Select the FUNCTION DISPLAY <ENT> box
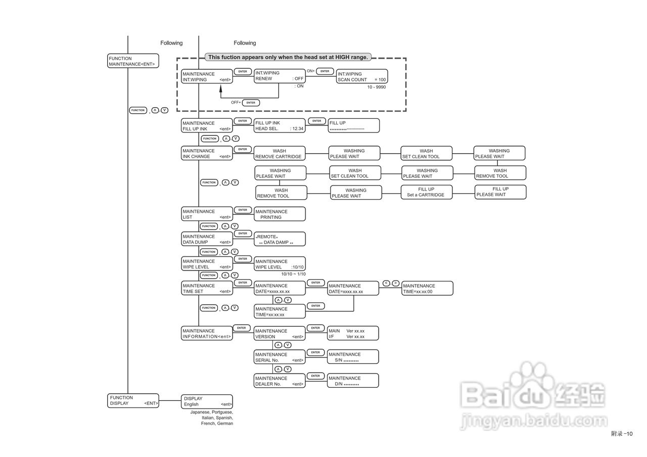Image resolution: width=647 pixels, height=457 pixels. coord(133,400)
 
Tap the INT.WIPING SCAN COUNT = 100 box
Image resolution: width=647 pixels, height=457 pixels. coord(362,77)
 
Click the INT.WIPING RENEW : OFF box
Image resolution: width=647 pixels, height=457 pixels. coord(280,76)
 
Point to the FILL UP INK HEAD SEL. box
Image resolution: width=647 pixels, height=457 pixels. coord(280,126)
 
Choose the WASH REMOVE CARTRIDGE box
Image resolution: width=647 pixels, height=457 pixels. coord(280,154)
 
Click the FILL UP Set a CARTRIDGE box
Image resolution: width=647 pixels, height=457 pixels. coord(426,192)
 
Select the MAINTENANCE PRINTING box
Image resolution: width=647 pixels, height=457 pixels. coord(280,214)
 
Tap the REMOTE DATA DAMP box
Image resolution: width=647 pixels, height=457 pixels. coord(280,239)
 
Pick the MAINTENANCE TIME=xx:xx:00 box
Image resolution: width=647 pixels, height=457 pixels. coord(428,289)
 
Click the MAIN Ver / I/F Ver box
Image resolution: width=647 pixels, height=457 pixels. coord(353,334)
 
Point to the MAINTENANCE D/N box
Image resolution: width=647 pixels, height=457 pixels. coord(353,381)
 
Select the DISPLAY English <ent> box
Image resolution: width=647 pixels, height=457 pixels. coord(207,401)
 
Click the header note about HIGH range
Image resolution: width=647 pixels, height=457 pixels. coord(288,57)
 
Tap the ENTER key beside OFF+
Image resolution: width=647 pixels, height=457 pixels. coord(251,103)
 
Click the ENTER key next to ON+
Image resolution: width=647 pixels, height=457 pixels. coord(325,71)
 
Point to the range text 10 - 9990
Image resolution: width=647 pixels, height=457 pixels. coord(377,87)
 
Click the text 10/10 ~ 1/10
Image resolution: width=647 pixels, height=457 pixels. coord(293,274)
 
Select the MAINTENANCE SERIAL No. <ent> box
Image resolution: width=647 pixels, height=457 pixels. coord(280,357)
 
